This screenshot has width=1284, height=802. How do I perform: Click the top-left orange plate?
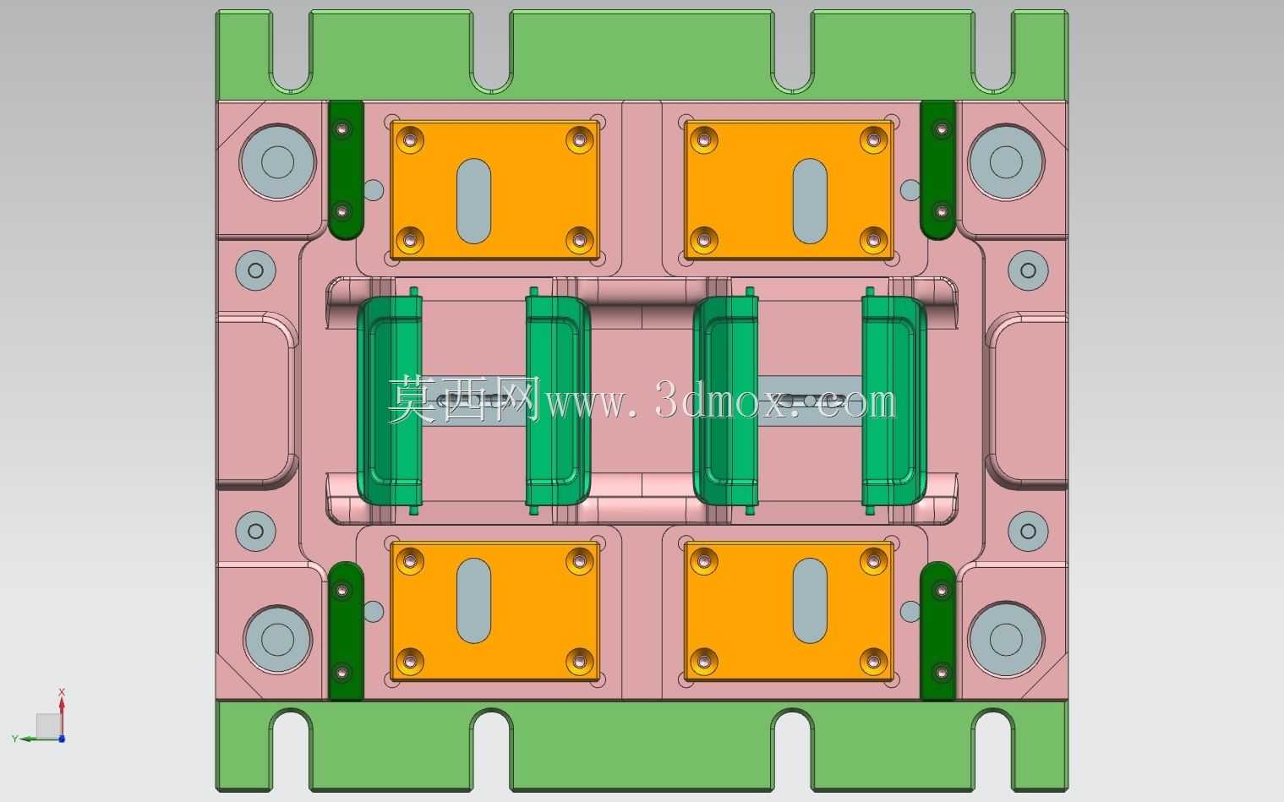tap(494, 190)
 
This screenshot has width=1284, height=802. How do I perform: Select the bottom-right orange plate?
tap(789, 611)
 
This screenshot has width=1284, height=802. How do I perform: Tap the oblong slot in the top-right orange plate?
tap(810, 201)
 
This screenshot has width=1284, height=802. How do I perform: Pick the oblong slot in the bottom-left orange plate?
tap(473, 600)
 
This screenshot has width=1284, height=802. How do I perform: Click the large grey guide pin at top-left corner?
tap(277, 161)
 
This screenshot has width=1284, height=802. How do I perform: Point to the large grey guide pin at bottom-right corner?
tap(1006, 639)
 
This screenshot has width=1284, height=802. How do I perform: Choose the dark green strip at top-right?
tap(937, 170)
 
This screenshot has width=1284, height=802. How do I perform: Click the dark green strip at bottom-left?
tap(347, 630)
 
